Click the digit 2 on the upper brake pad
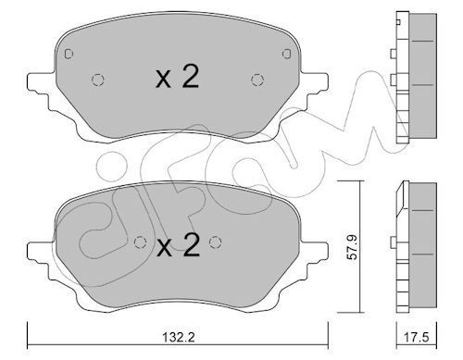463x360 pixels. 189,78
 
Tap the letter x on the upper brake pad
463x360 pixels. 164,81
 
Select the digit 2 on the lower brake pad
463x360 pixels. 190,245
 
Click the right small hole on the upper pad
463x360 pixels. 256,79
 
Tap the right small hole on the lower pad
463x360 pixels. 217,242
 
